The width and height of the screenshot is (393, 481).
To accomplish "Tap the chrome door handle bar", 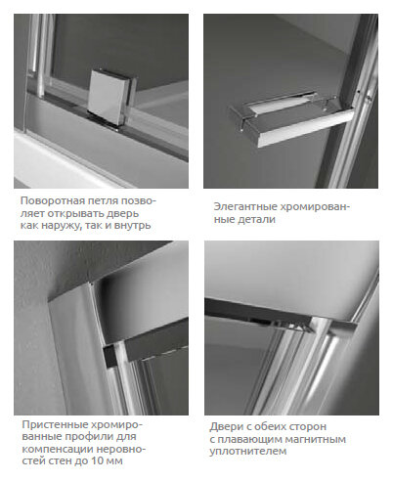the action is click(291, 120).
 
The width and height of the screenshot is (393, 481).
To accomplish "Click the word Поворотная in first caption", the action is click(53, 200).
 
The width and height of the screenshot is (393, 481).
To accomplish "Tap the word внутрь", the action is click(133, 226).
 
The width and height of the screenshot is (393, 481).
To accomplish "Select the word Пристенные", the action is click(55, 424).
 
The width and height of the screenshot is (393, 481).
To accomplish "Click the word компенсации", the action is click(55, 449).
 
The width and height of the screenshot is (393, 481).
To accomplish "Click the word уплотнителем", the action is click(248, 452).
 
